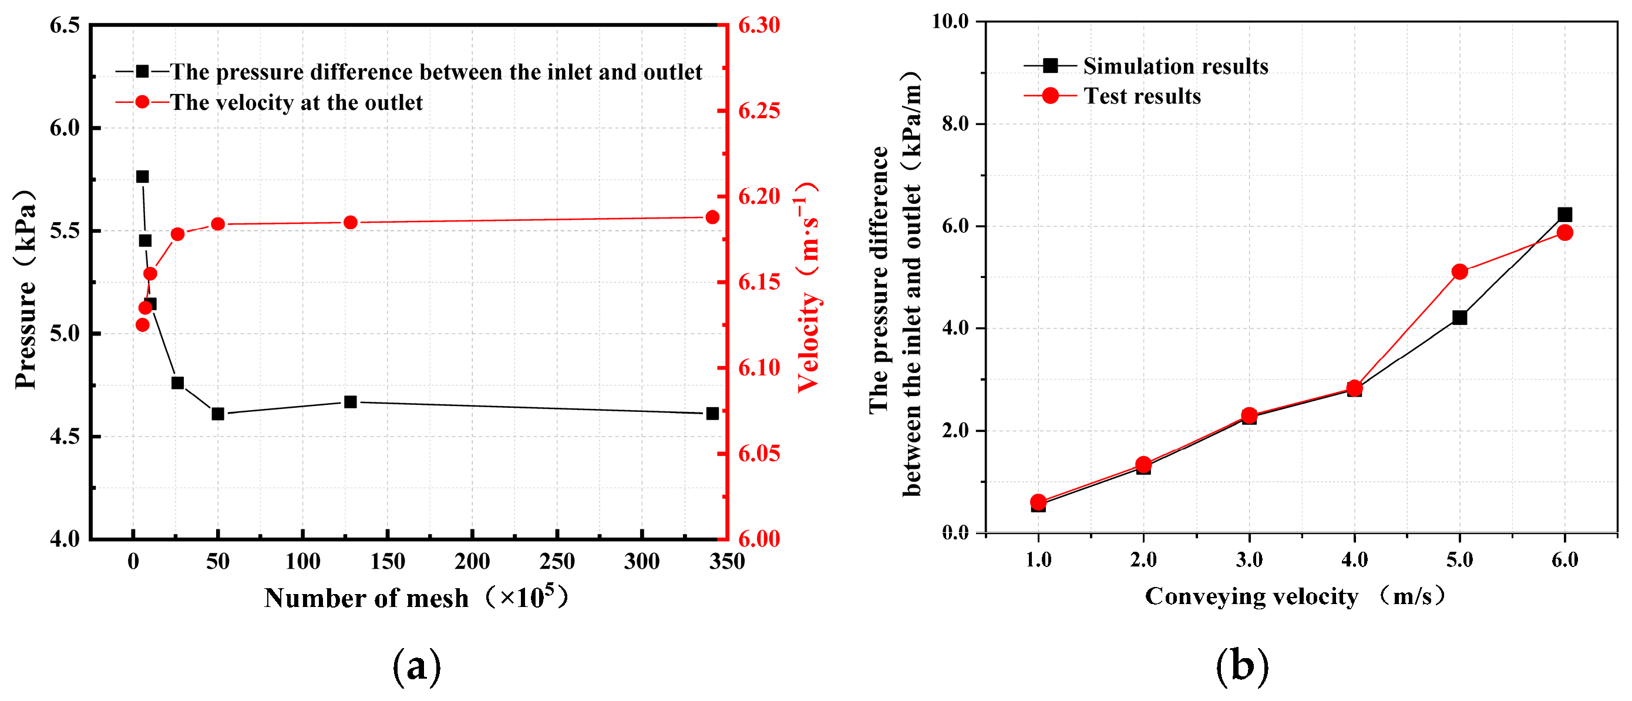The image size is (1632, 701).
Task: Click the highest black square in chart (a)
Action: pos(143,176)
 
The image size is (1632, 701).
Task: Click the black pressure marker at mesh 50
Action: pos(218,414)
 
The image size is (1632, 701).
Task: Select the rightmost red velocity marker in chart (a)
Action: pos(712,217)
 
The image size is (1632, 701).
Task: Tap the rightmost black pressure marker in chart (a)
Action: pos(712,413)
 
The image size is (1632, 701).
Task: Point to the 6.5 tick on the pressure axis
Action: pos(65,25)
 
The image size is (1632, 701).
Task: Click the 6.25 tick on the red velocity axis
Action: pos(759,111)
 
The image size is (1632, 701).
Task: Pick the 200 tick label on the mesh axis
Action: pos(472,562)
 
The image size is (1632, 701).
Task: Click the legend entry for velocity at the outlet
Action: pos(296,103)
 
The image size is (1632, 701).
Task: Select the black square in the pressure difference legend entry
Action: pos(143,72)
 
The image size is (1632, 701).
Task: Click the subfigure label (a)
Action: pos(416,667)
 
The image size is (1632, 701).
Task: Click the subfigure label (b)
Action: pos(1241,667)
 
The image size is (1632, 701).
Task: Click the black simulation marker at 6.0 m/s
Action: pos(1565,214)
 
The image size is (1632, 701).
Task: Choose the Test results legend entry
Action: pos(1142,96)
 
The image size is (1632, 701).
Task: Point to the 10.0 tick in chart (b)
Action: pos(950,22)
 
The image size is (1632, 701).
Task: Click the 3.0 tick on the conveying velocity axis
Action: pos(1249,559)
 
